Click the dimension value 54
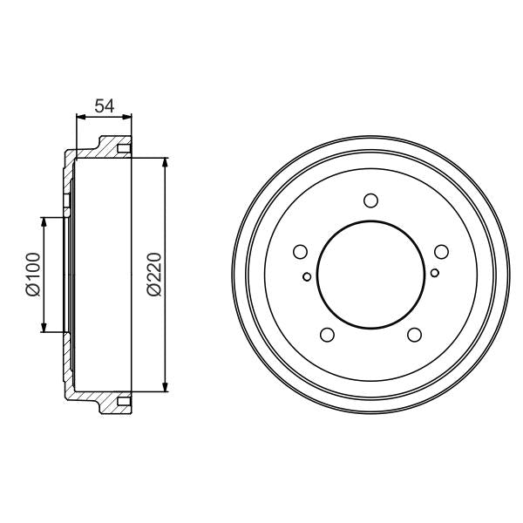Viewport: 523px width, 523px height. [105, 106]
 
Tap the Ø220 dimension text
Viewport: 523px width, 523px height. [153, 275]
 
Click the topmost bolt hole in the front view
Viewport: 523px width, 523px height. [370, 201]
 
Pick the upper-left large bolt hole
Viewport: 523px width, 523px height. [302, 252]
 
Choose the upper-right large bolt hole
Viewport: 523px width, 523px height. [440, 252]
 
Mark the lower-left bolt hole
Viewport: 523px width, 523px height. [328, 334]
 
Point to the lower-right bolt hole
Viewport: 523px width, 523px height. [414, 334]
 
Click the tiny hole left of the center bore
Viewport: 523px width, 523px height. [307, 278]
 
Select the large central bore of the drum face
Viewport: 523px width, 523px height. [370, 275]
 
